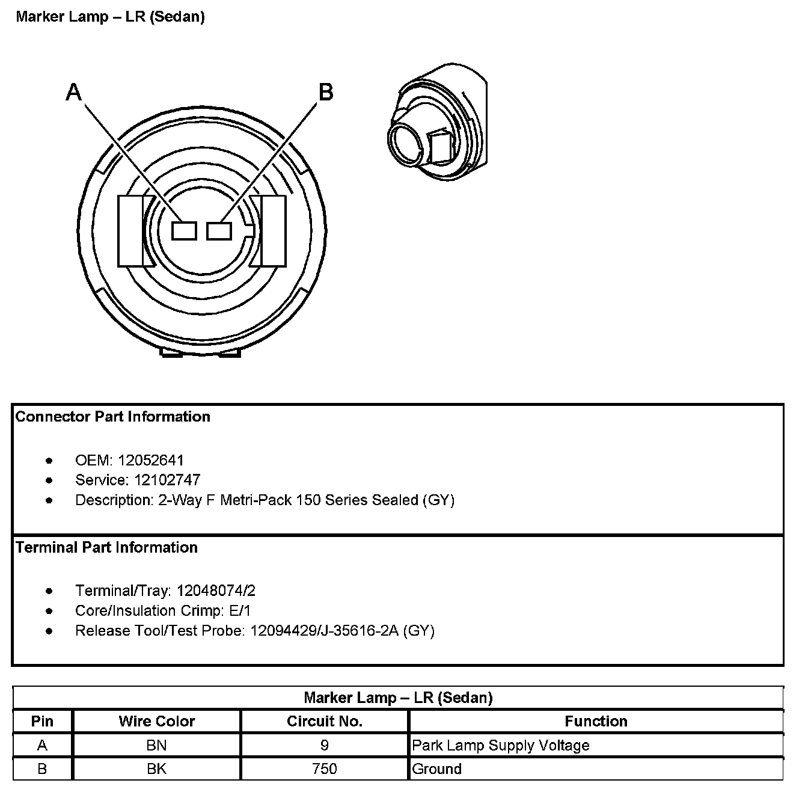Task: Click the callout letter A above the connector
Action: click(x=73, y=93)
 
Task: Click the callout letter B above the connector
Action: click(x=325, y=93)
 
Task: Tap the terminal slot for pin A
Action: click(x=184, y=230)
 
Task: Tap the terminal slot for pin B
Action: click(x=219, y=230)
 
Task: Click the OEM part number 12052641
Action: click(x=151, y=460)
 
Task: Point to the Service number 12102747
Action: click(x=167, y=480)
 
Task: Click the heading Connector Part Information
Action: click(x=113, y=417)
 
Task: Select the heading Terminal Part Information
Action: click(x=106, y=547)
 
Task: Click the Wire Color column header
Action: click(x=157, y=721)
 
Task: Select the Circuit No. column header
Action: click(x=325, y=721)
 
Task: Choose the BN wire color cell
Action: click(x=157, y=746)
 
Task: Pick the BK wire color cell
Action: click(x=157, y=769)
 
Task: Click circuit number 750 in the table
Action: click(x=325, y=769)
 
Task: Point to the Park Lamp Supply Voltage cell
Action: click(x=501, y=746)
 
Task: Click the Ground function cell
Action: click(x=437, y=769)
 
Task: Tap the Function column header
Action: click(x=596, y=721)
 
